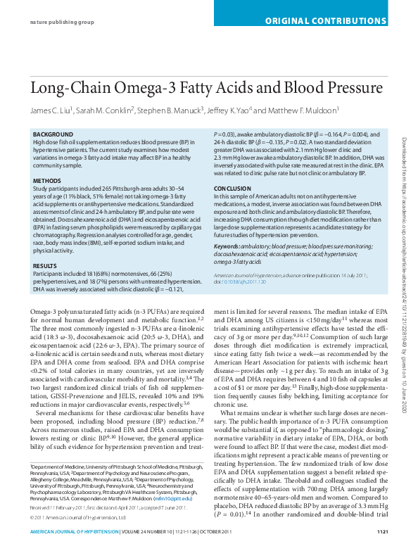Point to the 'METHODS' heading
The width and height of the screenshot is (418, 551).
point(47,181)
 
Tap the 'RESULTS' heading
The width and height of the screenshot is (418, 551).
point(45,246)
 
